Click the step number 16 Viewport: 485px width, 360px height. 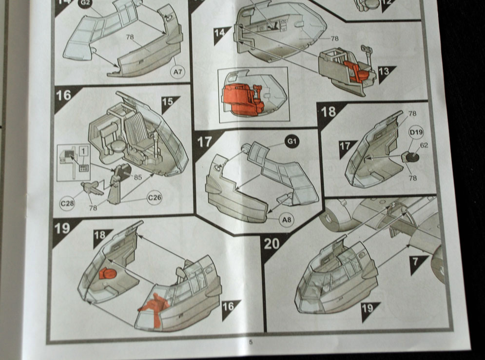pyautogui.click(x=64, y=95)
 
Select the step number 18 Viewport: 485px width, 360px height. pyautogui.click(x=329, y=112)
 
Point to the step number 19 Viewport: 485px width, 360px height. pyautogui.click(x=62, y=228)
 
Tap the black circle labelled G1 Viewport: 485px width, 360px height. pyautogui.click(x=292, y=142)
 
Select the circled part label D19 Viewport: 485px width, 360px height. pyautogui.click(x=416, y=133)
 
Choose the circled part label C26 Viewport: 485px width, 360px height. pyautogui.click(x=155, y=198)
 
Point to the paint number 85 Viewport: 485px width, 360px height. pyautogui.click(x=138, y=178)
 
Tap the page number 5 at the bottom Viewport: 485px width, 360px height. pyautogui.click(x=251, y=342)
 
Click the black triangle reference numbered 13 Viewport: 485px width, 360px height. pyautogui.click(x=386, y=72)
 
